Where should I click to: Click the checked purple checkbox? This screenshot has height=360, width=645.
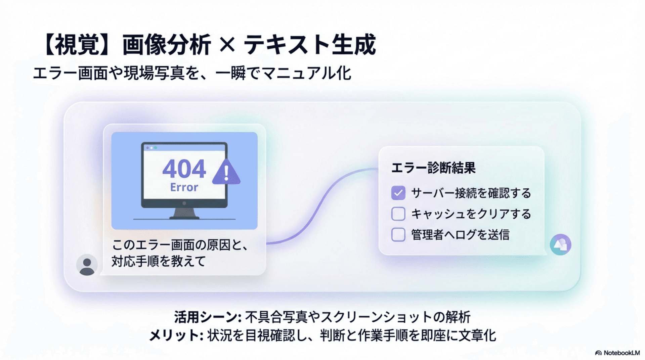pyautogui.click(x=398, y=193)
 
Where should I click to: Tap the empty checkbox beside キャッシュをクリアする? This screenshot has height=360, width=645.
pyautogui.click(x=398, y=214)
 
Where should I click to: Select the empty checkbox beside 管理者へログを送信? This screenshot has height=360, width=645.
pyautogui.click(x=398, y=234)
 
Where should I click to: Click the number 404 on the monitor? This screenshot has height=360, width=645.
pyautogui.click(x=184, y=169)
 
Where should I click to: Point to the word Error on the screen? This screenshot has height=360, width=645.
pyautogui.click(x=184, y=187)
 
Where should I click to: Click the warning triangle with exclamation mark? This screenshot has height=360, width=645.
pyautogui.click(x=226, y=172)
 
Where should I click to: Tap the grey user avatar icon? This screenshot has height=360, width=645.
pyautogui.click(x=87, y=265)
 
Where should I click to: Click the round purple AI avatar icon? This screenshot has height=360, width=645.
pyautogui.click(x=560, y=244)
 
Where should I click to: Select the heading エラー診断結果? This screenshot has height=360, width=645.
pyautogui.click(x=433, y=168)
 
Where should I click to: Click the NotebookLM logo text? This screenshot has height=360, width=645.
pyautogui.click(x=621, y=353)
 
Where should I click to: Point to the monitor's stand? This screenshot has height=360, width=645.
pyautogui.click(x=184, y=213)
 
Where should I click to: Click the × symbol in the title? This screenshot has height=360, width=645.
pyautogui.click(x=227, y=44)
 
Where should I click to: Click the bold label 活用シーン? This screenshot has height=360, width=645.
pyautogui.click(x=208, y=317)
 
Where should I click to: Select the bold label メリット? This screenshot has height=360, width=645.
pyautogui.click(x=176, y=335)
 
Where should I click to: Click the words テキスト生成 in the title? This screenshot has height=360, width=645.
pyautogui.click(x=309, y=45)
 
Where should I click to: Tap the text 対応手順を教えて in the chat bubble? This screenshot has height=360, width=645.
pyautogui.click(x=159, y=261)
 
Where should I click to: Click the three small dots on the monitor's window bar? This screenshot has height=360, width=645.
pyautogui.click(x=151, y=148)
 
